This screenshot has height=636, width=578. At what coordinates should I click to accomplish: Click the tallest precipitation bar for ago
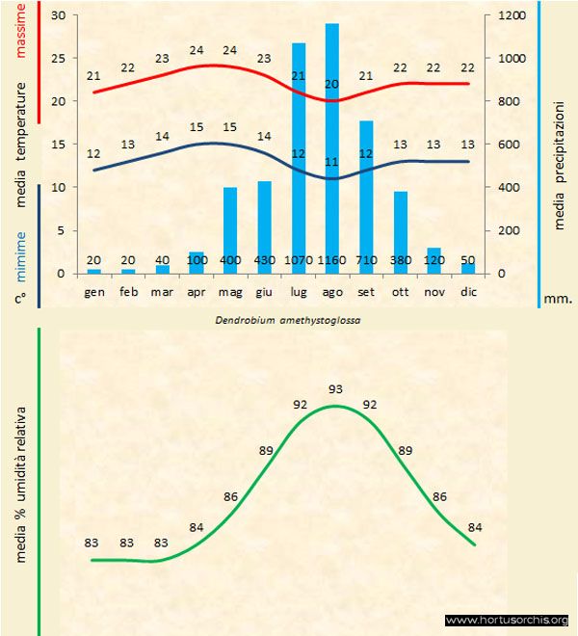[x=331, y=145]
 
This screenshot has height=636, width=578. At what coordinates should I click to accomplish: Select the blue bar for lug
[x=298, y=154]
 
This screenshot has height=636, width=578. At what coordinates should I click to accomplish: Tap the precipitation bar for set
[x=366, y=193]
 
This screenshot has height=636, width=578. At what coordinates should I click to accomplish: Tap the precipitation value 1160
[x=332, y=261]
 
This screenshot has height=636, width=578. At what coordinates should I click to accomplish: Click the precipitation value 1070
[x=298, y=261]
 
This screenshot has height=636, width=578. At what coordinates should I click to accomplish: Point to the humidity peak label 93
[x=335, y=389]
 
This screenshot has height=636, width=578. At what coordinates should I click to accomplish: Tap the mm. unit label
[x=558, y=299]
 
